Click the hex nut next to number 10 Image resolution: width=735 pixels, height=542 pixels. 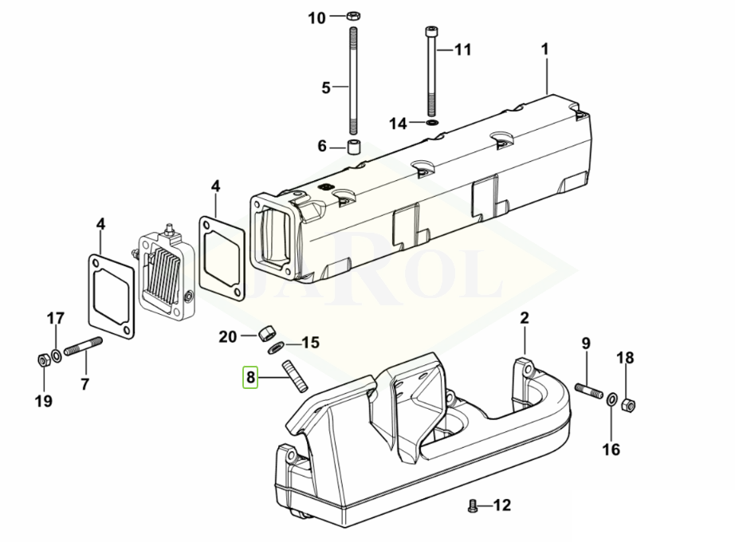point(353,17)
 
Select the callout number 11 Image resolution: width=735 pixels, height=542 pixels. point(462,49)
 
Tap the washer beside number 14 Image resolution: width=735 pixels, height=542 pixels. point(432,123)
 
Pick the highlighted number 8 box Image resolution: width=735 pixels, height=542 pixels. point(250,376)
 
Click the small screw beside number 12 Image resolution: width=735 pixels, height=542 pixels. point(472,506)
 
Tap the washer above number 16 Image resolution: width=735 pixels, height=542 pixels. point(611,399)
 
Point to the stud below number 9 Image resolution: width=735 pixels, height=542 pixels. point(589,391)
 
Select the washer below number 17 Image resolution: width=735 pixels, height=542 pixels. point(57,355)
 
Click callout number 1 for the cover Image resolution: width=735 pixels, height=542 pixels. point(544,49)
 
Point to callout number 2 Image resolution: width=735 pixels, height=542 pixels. point(524,318)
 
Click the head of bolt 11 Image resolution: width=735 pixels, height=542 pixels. point(431,31)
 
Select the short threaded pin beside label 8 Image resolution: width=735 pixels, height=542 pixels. point(294,375)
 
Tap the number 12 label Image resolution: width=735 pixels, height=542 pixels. point(501,505)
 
